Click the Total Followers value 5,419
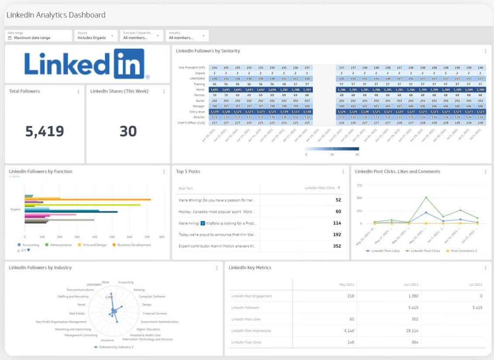[45, 131]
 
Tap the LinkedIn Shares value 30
[128, 131]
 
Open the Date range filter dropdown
[38, 35]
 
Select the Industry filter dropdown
[187, 35]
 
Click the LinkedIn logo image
[87, 64]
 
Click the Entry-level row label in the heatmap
[197, 111]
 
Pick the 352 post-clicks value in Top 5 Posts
[337, 246]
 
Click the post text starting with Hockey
[217, 212]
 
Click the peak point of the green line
[426, 197]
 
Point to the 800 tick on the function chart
[162, 237]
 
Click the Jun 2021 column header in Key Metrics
[411, 285]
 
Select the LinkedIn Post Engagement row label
[251, 296]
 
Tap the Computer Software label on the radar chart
[152, 297]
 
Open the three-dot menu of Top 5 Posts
[343, 172]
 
